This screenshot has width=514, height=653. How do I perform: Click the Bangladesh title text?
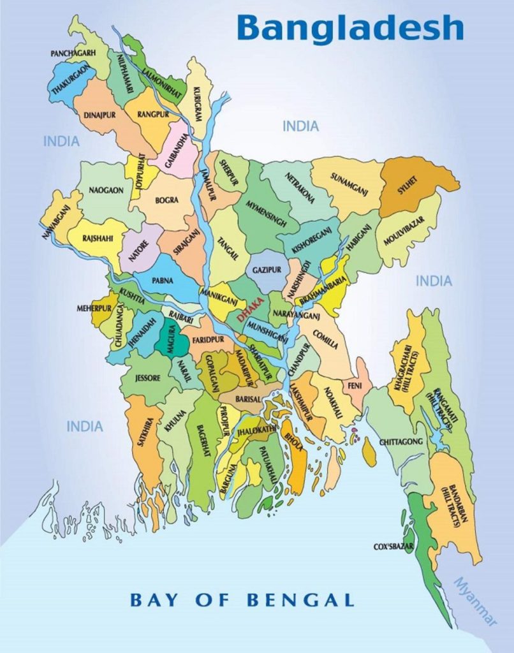[x=350, y=27]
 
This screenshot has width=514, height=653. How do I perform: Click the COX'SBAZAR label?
[x=394, y=547]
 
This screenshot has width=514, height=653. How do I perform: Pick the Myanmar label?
[x=474, y=600]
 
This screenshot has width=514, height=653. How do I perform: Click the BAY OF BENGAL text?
[x=242, y=599]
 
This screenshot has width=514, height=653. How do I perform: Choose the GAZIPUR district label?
[x=266, y=270]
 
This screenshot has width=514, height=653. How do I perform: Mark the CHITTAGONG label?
[x=401, y=441]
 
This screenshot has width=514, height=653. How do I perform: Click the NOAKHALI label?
[x=333, y=403]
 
